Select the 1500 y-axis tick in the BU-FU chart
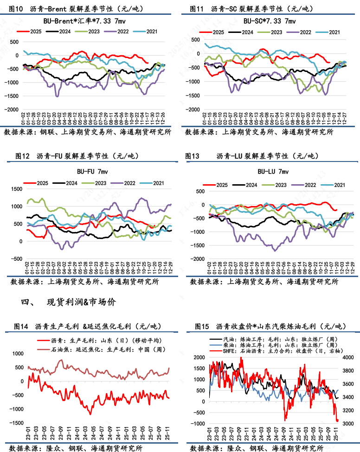coord(16,189)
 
